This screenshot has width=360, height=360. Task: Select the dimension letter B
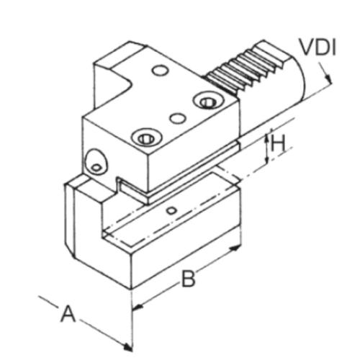[x=188, y=279]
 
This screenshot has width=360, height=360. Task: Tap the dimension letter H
[x=279, y=144]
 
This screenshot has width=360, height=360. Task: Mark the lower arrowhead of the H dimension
[x=267, y=160]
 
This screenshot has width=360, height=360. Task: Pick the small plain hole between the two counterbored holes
[x=175, y=117]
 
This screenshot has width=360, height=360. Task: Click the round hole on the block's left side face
[x=94, y=163]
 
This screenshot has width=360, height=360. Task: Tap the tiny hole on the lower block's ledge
[x=170, y=210]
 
